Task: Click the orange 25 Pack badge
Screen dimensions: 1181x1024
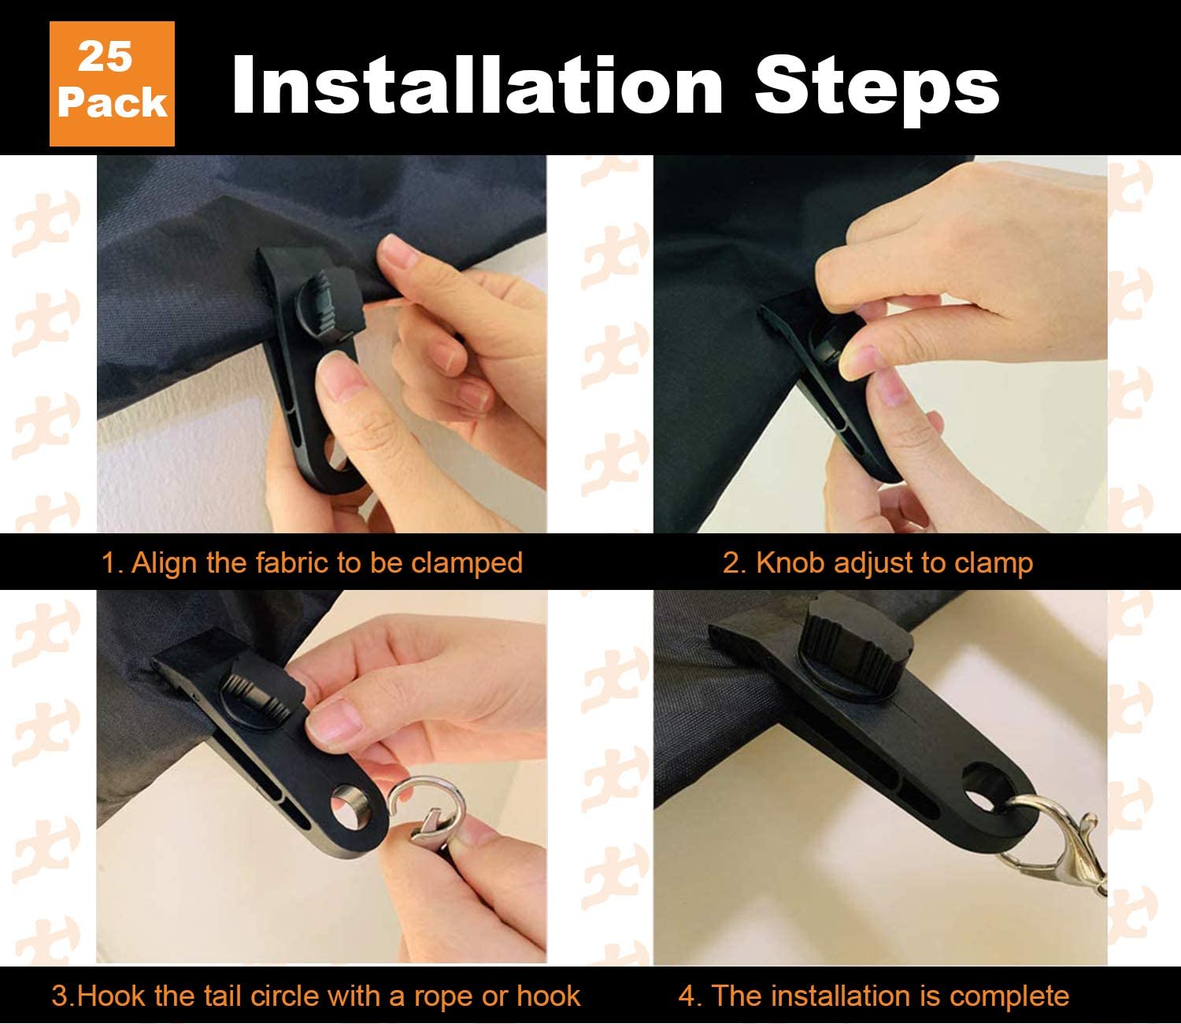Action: pyautogui.click(x=112, y=83)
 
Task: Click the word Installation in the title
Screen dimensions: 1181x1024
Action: pyautogui.click(x=478, y=85)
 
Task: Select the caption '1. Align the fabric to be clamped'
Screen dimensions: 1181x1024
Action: pyautogui.click(x=312, y=562)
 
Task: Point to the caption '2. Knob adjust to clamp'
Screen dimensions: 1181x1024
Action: pyautogui.click(x=878, y=562)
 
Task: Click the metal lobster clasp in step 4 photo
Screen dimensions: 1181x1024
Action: pyautogui.click(x=1057, y=841)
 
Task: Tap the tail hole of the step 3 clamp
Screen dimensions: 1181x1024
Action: pyautogui.click(x=349, y=807)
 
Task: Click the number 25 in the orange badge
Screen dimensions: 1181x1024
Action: pyautogui.click(x=106, y=58)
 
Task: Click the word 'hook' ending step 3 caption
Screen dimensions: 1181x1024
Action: pyautogui.click(x=549, y=996)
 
